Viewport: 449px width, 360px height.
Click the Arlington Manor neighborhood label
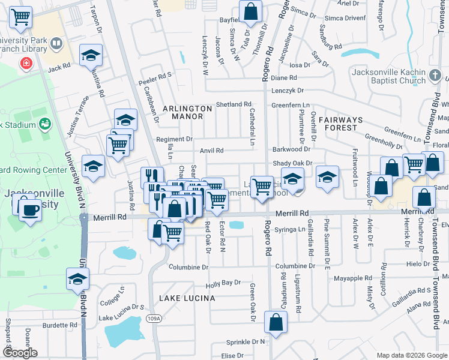click(x=188, y=112)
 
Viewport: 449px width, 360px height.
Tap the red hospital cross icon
click(x=26, y=62)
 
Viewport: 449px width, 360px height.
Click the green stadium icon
click(x=44, y=124)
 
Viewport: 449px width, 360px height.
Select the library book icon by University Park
click(x=56, y=43)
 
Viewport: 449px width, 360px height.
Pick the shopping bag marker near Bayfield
click(x=250, y=11)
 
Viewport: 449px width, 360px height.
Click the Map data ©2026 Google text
click(x=411, y=355)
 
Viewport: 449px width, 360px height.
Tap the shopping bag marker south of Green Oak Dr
click(x=276, y=322)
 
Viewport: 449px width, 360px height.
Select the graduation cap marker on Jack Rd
click(x=91, y=56)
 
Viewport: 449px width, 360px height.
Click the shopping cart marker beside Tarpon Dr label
click(x=21, y=17)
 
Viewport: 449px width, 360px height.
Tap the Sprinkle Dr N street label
click(x=246, y=341)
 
